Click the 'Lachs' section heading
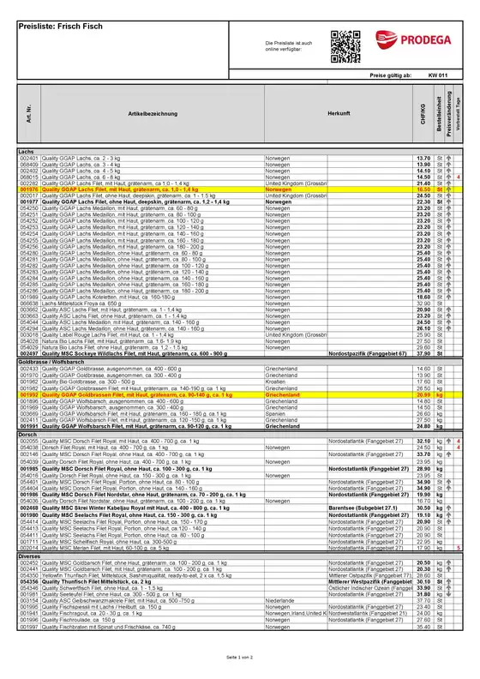27,152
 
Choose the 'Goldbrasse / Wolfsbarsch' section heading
51,363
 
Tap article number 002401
30,159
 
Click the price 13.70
423,159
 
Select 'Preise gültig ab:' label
391,75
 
